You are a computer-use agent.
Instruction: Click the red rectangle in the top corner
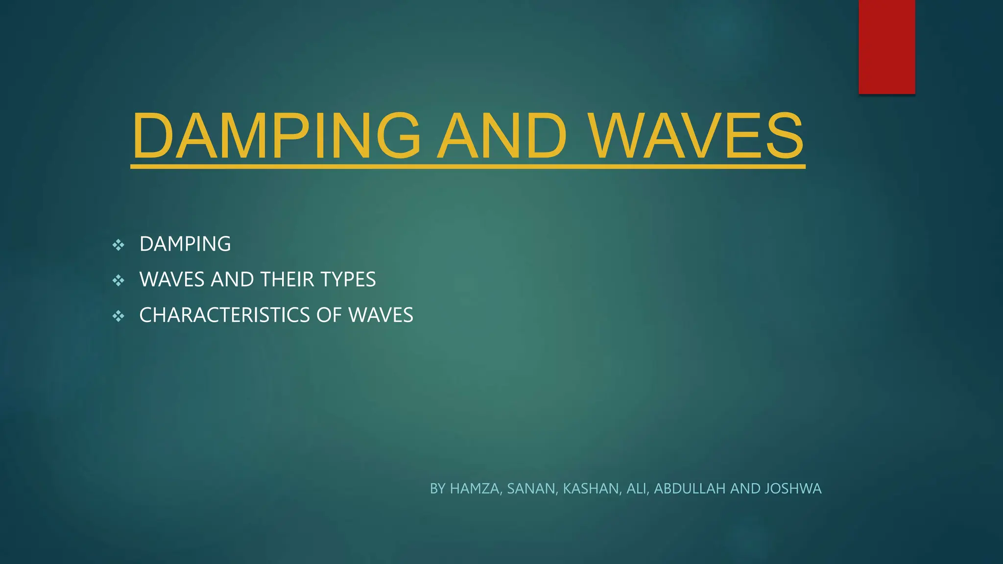[x=886, y=47]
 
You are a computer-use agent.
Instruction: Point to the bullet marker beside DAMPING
[x=118, y=245]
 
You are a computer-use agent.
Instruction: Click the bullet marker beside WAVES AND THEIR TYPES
[x=118, y=281]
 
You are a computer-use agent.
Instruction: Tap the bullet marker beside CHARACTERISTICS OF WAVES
[x=118, y=316]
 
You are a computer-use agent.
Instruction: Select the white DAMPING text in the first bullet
[x=185, y=244]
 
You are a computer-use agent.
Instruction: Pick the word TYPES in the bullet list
[x=348, y=280]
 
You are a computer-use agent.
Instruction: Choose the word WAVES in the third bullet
[x=381, y=315]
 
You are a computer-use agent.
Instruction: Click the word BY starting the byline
[x=437, y=489]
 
